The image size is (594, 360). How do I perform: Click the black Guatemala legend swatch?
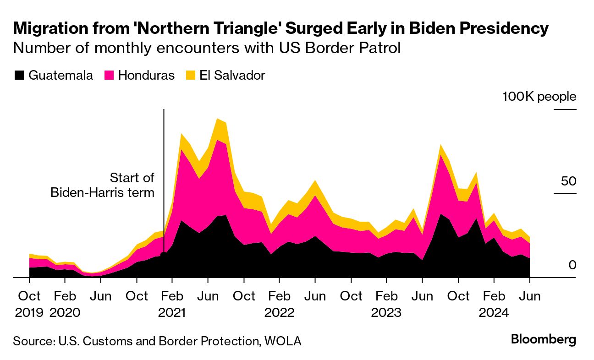click(x=20, y=76)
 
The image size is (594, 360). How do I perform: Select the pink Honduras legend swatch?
click(x=109, y=76)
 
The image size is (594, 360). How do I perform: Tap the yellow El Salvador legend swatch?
click(x=191, y=76)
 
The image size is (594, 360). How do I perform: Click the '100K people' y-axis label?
click(x=539, y=97)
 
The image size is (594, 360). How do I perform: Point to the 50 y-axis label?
click(x=568, y=181)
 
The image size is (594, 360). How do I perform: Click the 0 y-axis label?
click(x=572, y=265)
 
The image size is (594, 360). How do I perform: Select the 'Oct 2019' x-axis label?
click(x=29, y=304)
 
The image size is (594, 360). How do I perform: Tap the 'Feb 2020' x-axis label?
click(x=65, y=304)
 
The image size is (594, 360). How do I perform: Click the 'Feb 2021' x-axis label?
click(x=172, y=304)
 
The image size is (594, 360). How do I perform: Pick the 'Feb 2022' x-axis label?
click(x=279, y=304)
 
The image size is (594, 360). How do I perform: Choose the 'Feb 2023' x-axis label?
click(x=386, y=304)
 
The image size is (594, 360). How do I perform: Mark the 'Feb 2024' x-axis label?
click(x=494, y=304)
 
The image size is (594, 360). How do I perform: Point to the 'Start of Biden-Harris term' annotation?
click(x=103, y=185)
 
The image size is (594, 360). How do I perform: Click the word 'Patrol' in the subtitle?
click(x=379, y=48)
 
